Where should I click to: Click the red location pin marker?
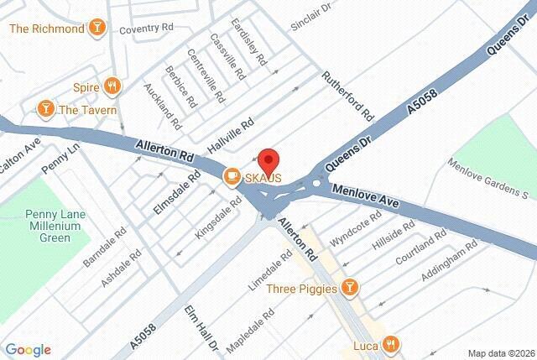(x=267, y=159)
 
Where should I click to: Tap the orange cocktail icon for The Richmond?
(x=98, y=29)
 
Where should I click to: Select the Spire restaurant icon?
(x=112, y=86)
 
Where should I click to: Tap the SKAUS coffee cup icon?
(x=230, y=175)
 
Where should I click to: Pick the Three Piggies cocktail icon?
(x=351, y=289)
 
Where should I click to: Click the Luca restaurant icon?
(x=390, y=344)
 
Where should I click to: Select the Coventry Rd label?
(x=144, y=29)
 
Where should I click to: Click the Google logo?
(x=28, y=350)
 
